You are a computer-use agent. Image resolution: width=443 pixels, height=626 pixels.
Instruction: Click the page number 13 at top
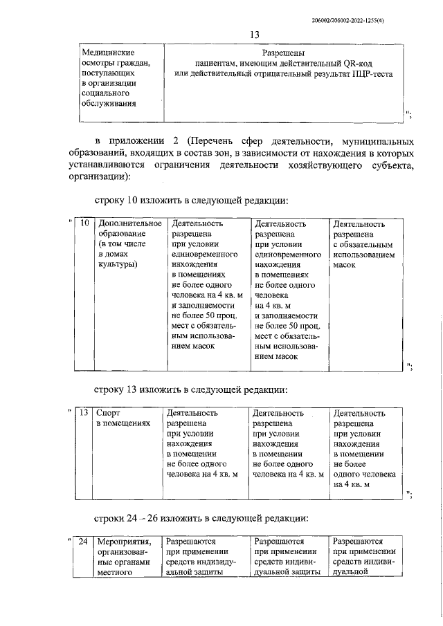254,35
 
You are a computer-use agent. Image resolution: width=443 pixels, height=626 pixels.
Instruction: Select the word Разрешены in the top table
284,53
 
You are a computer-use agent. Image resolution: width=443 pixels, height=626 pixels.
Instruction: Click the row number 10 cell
84,224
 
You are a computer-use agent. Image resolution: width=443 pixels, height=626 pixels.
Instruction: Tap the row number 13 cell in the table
84,413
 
